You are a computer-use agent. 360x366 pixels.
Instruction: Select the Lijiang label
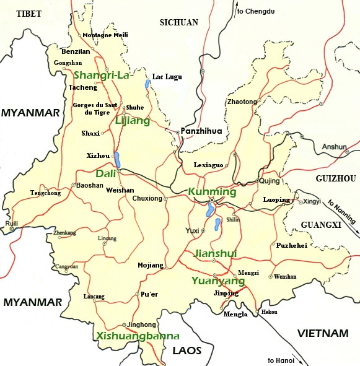(132, 121)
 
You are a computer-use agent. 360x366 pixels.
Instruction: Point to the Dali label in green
(106, 174)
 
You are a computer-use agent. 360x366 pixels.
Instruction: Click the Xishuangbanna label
(138, 336)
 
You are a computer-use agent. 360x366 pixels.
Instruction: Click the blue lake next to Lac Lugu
(147, 83)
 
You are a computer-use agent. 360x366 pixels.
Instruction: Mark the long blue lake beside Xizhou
(117, 160)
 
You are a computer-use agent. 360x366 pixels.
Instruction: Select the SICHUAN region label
(178, 22)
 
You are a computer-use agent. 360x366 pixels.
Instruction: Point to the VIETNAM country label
(322, 333)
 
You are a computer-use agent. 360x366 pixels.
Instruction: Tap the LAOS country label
(187, 351)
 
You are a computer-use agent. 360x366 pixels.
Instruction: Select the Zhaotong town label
(242, 102)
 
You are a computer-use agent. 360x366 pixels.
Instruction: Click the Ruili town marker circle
(11, 229)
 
